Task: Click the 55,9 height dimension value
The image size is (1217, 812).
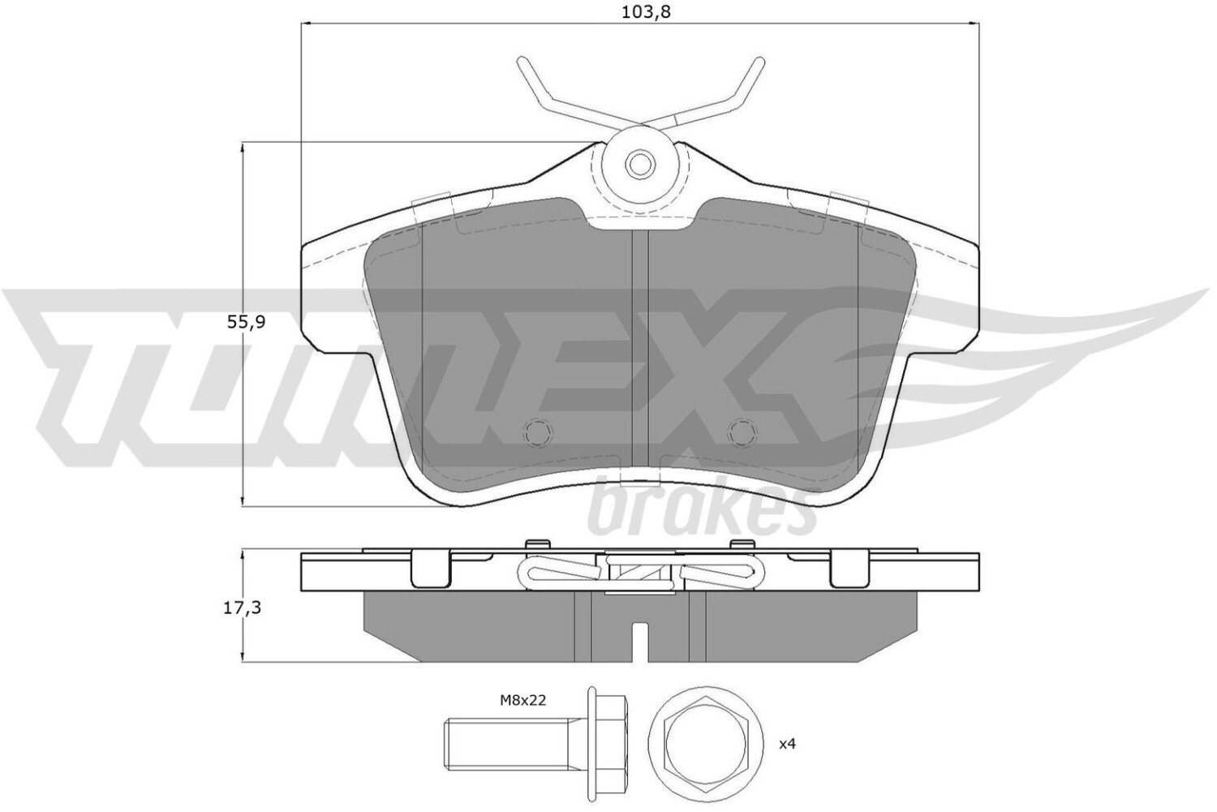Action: [246, 322]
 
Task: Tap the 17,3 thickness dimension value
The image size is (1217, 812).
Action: [243, 608]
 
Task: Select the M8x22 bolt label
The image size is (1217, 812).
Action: [522, 701]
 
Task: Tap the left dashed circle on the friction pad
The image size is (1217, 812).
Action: [538, 432]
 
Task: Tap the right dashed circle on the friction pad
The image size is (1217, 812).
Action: [742, 432]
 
